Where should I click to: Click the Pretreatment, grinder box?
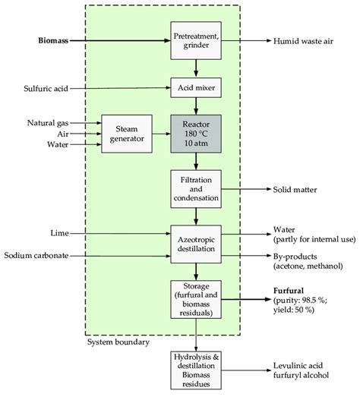[196, 40]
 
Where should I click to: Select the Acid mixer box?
[196, 87]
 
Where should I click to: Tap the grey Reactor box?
[196, 134]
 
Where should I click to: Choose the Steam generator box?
[127, 134]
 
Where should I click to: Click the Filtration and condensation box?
[196, 189]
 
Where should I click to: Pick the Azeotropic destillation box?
[196, 244]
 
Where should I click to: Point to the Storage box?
[196, 299]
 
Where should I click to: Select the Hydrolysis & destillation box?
[196, 370]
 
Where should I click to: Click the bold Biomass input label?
[53, 40]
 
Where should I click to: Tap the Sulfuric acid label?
[46, 88]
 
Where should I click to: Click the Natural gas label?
[48, 123]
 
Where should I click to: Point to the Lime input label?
[59, 233]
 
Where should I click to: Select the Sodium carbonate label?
[36, 255]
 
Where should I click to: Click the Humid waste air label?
[303, 41]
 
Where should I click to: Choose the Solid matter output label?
[295, 189]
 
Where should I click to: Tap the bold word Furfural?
[289, 291]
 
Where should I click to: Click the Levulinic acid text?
[298, 365]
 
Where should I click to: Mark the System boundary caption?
[118, 342]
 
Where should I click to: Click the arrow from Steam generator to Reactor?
[161, 134]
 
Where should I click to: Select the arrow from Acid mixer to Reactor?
[196, 106]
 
